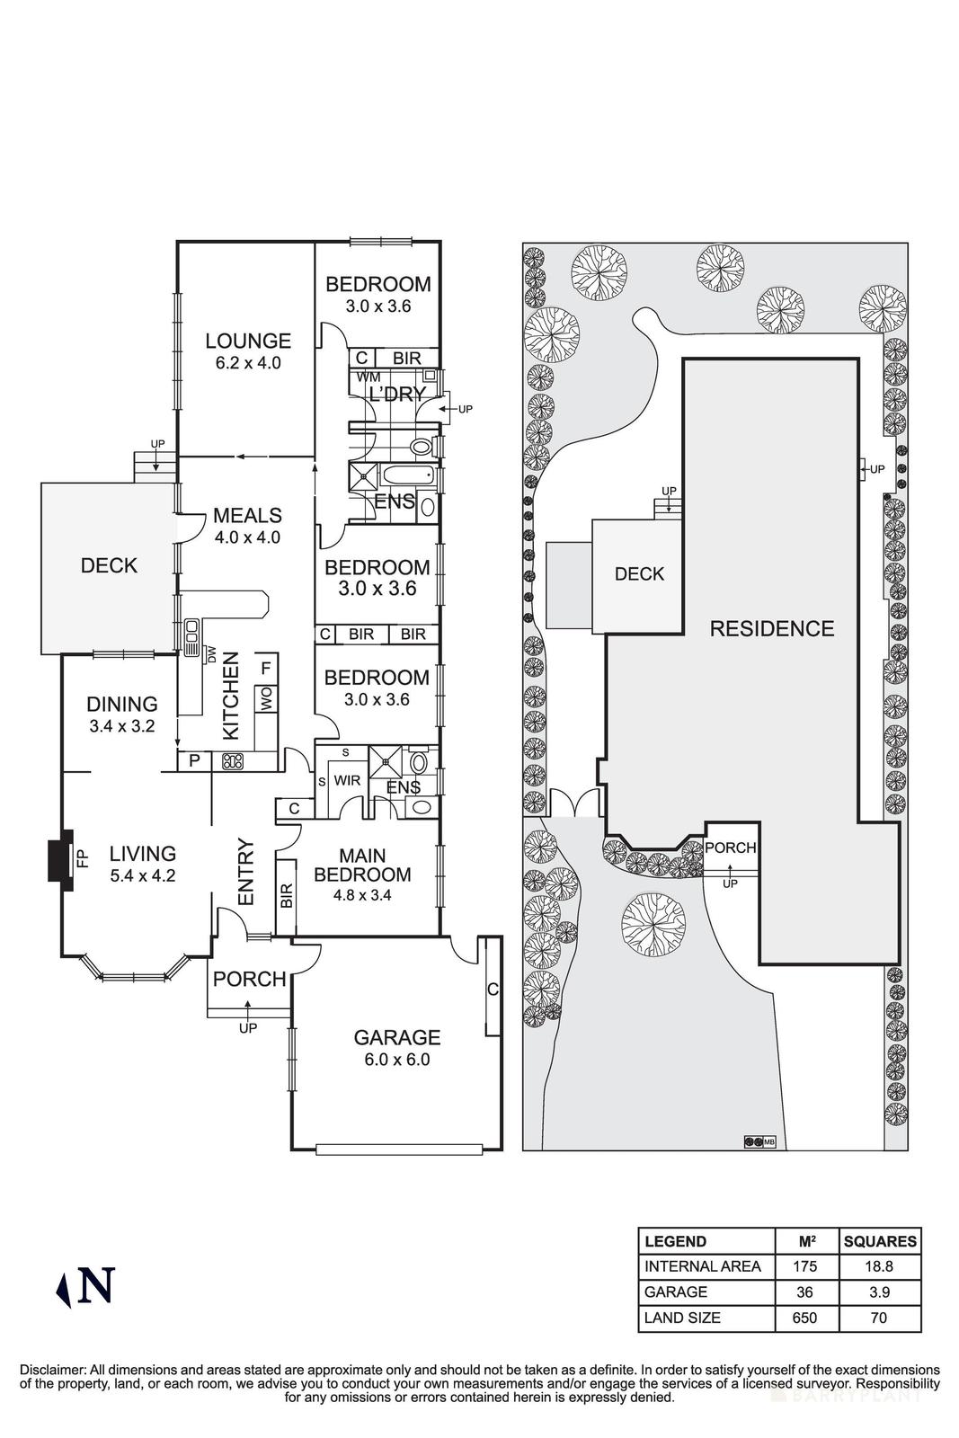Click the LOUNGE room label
[248, 341]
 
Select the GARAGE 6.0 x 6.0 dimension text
[396, 1060]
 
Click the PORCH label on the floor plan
[249, 979]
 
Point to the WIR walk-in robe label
[347, 780]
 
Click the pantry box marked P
[193, 761]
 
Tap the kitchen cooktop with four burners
[233, 761]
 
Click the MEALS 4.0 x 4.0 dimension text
[247, 537]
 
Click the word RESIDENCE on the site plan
[772, 628]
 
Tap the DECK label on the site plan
[639, 573]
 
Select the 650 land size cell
[805, 1318]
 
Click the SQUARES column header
[879, 1241]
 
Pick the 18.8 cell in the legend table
[879, 1266]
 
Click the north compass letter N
[96, 1285]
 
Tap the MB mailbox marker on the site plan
[759, 1141]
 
